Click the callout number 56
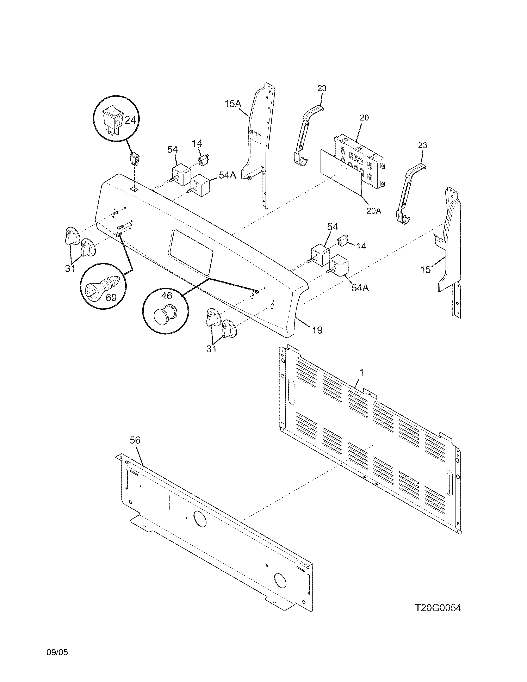click(x=135, y=440)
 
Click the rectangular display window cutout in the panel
click(x=191, y=253)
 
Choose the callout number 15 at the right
click(x=426, y=269)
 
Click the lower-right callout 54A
click(x=360, y=288)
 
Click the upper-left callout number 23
click(x=322, y=89)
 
